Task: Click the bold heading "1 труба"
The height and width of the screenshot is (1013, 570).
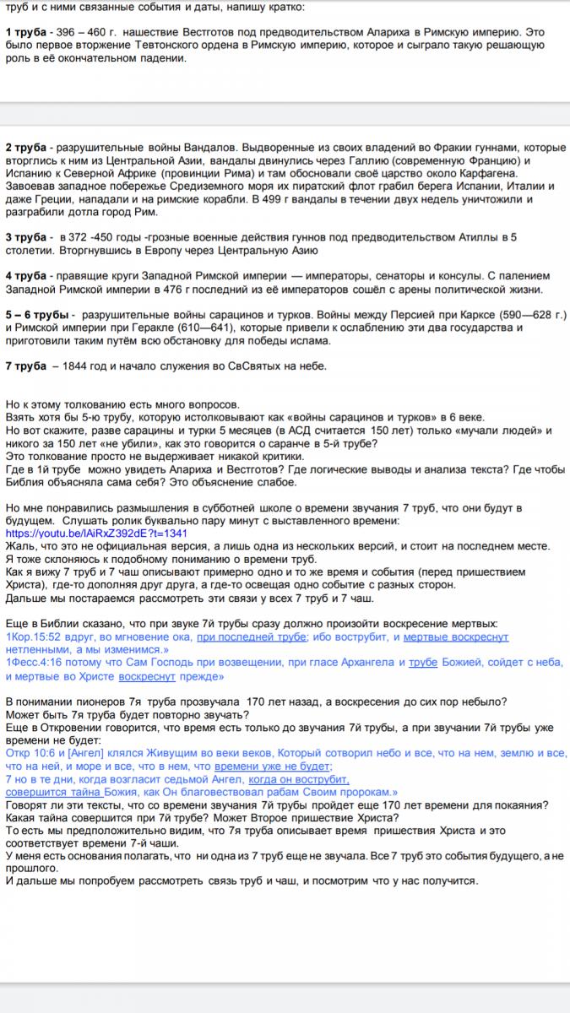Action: (25, 32)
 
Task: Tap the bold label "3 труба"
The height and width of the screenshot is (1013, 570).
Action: (25, 237)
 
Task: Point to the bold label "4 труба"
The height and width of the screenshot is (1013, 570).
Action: (25, 277)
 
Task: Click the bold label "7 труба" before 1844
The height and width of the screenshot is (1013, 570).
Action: (25, 366)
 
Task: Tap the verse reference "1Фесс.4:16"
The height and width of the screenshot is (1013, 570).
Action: (36, 663)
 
